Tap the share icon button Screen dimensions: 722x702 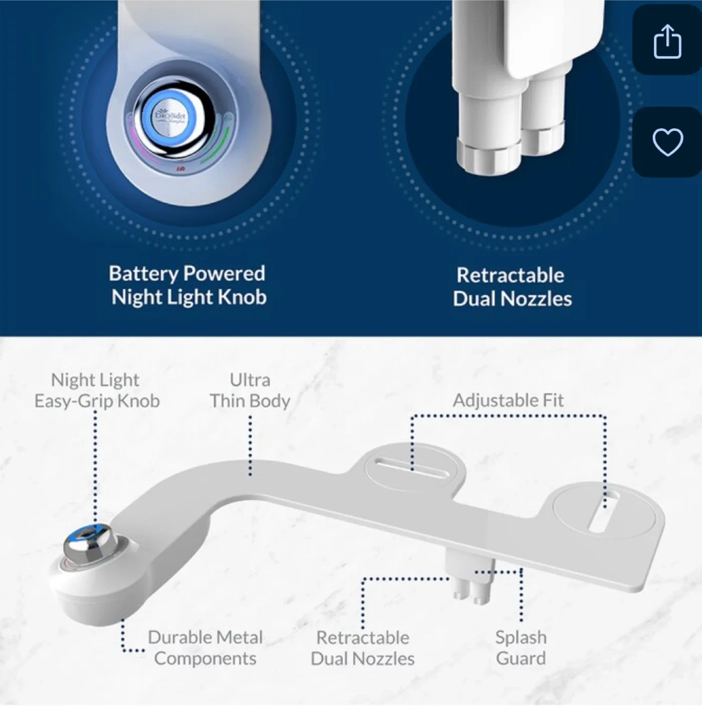tap(667, 41)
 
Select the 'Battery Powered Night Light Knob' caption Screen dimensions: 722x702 tap(188, 285)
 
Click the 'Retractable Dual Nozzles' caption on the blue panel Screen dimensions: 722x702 tap(511, 287)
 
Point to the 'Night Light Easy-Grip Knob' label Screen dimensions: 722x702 tap(96, 390)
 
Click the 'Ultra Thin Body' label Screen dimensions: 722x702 tap(250, 390)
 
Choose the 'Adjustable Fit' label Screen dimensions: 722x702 tap(508, 400)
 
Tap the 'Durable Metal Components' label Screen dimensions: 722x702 tap(205, 647)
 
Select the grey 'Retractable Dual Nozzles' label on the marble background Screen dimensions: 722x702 tap(363, 648)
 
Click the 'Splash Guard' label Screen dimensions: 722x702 tap(520, 647)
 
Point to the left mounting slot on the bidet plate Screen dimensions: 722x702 tap(412, 469)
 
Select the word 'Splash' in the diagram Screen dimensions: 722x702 tap(520, 637)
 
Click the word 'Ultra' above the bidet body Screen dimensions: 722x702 tap(250, 380)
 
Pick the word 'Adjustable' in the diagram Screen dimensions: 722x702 tap(488, 400)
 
